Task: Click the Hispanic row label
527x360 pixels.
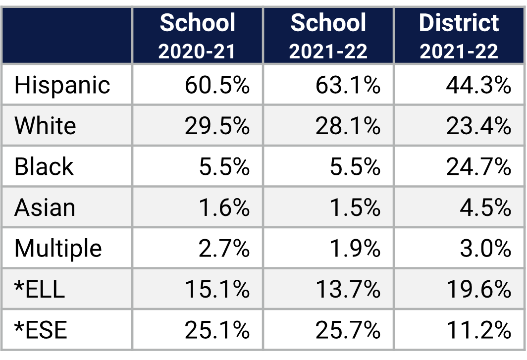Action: point(62,85)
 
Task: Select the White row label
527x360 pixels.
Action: point(45,126)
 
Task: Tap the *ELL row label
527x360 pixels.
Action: point(40,289)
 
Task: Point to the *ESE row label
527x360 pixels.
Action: point(41,330)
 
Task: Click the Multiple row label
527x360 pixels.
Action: point(58,248)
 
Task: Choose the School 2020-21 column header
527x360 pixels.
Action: point(197,36)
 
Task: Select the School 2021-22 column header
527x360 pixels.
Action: point(328,36)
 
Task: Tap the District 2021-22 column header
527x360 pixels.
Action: point(459,36)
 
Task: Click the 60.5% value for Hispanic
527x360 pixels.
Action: point(217,85)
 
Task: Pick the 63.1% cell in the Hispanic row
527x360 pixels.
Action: point(348,85)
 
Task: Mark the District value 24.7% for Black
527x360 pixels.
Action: point(478,167)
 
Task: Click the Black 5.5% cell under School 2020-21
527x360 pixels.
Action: point(224,167)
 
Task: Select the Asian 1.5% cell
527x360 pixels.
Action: point(355,207)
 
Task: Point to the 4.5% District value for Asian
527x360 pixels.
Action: point(485,207)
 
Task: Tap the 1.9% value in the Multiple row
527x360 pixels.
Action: point(355,248)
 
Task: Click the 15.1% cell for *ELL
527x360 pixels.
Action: point(217,289)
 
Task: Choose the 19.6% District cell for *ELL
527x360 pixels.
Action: point(478,289)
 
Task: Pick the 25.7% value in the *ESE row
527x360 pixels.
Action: point(348,330)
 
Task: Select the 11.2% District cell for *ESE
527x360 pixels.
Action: point(478,330)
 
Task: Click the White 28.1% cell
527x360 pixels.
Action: point(348,126)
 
